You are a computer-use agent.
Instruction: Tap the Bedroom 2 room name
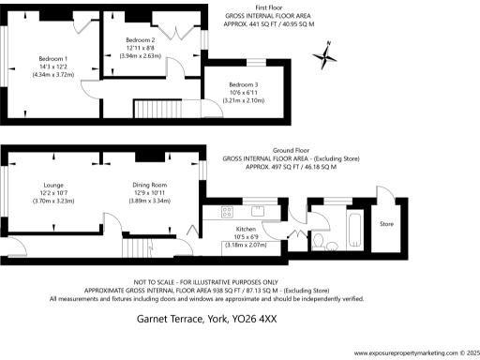tap(140, 40)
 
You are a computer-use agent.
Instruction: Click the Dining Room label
tap(150, 185)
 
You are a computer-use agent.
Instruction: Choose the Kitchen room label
tap(246, 228)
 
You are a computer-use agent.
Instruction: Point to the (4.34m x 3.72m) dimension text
tap(52, 74)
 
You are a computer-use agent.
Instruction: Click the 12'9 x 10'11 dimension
tap(150, 193)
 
